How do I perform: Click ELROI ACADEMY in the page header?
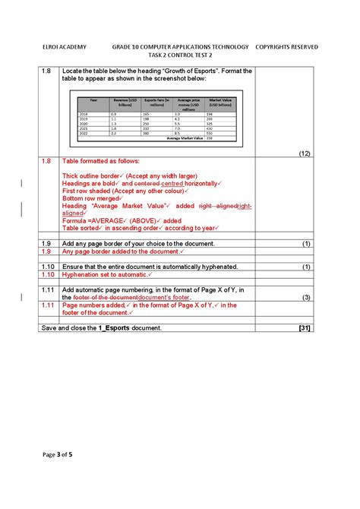pos(63,47)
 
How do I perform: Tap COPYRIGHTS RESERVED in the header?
pos(286,47)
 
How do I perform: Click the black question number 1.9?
pos(46,244)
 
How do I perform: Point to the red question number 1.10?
pos(48,274)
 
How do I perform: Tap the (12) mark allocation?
pos(305,153)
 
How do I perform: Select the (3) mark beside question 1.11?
pos(307,297)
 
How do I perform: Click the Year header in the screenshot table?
pos(93,100)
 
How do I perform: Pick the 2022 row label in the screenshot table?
pos(84,133)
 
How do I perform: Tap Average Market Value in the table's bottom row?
pos(185,138)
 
